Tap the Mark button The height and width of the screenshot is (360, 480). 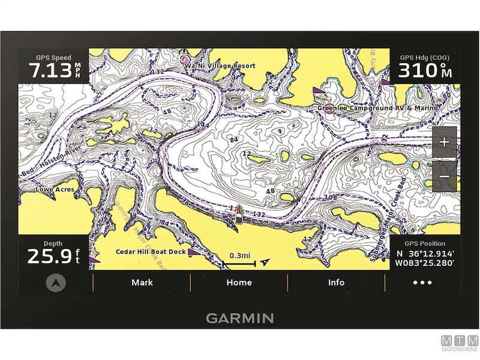coord(142,283)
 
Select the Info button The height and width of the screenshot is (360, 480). coord(336,283)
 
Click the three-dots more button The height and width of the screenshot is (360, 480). coord(422,283)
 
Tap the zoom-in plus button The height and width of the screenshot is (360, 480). coord(444,142)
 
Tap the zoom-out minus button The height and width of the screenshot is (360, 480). coord(444,176)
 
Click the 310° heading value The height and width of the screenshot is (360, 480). coord(419,71)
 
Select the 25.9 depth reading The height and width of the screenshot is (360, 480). coord(49,257)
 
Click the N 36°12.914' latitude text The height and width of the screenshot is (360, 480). coord(424,254)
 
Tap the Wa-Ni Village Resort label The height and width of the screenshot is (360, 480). coord(220,65)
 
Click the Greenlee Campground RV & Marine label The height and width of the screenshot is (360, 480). coord(377,108)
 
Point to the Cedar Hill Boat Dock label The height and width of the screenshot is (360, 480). coord(151,252)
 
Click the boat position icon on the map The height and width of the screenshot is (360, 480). coord(239,214)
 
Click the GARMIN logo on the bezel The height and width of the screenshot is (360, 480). coord(239,318)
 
